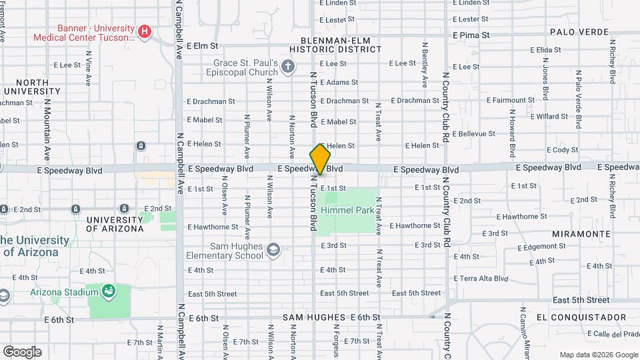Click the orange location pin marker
[x=321, y=159]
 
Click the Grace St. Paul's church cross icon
[x=288, y=65]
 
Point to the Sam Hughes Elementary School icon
[x=272, y=251]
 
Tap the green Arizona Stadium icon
[x=108, y=291]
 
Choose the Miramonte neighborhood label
[x=581, y=234]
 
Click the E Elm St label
[x=203, y=46]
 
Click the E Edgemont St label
[x=543, y=246]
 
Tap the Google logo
[x=22, y=351]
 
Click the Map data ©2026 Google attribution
[x=598, y=355]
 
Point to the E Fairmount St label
[x=510, y=100]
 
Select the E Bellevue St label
[x=475, y=133]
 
